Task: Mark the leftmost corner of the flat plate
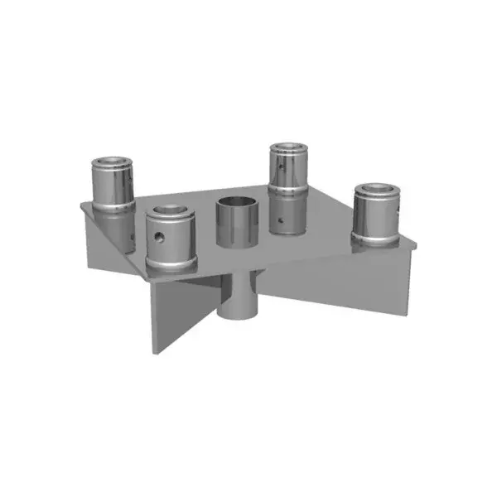coord(80,204)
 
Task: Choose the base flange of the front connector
coord(171,266)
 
